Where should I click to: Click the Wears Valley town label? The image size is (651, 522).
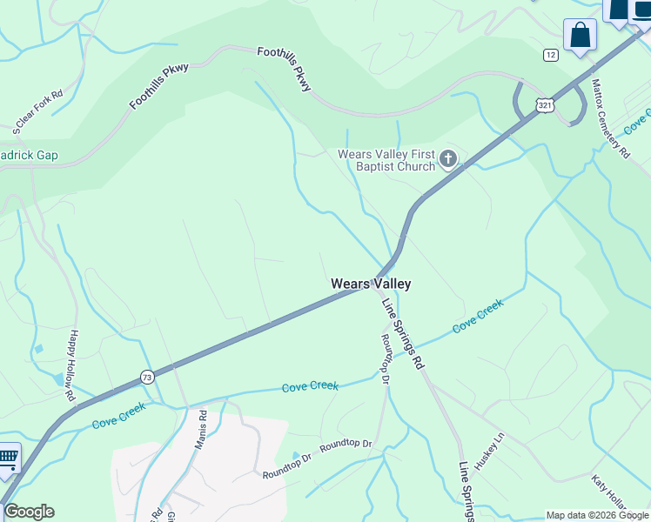tap(371, 284)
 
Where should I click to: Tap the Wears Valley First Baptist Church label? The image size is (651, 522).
tap(386, 160)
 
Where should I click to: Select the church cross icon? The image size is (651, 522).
tap(448, 158)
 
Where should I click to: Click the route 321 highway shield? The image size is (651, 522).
tap(545, 105)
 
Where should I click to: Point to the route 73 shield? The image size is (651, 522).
tap(146, 377)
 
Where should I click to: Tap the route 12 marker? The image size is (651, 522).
tap(550, 55)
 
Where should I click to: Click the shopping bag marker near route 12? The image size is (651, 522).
tap(580, 37)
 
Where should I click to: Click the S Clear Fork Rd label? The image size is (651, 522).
tap(38, 112)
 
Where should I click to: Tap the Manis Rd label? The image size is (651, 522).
tap(202, 429)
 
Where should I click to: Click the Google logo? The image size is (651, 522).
tap(29, 512)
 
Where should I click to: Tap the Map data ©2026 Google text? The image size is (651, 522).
tap(597, 515)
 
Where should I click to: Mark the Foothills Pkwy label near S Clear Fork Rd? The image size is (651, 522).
tap(159, 87)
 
